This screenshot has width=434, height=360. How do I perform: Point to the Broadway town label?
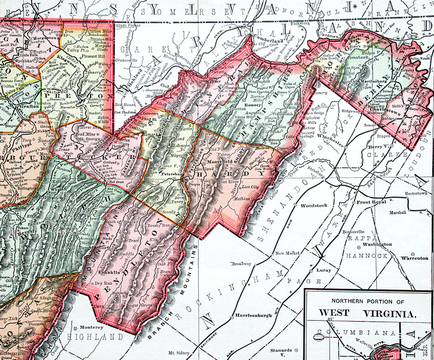(x=242, y=264)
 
